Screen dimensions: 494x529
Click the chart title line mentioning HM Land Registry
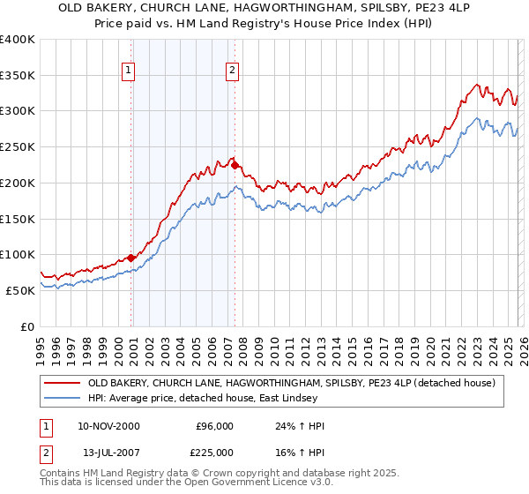click(264, 24)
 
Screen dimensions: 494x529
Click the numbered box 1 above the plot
click(129, 71)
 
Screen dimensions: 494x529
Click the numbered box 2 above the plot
click(232, 71)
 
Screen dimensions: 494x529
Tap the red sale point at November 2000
click(131, 258)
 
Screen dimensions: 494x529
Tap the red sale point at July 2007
click(235, 165)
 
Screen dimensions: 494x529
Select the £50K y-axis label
click(20, 290)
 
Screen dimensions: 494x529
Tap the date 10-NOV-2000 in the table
click(108, 426)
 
